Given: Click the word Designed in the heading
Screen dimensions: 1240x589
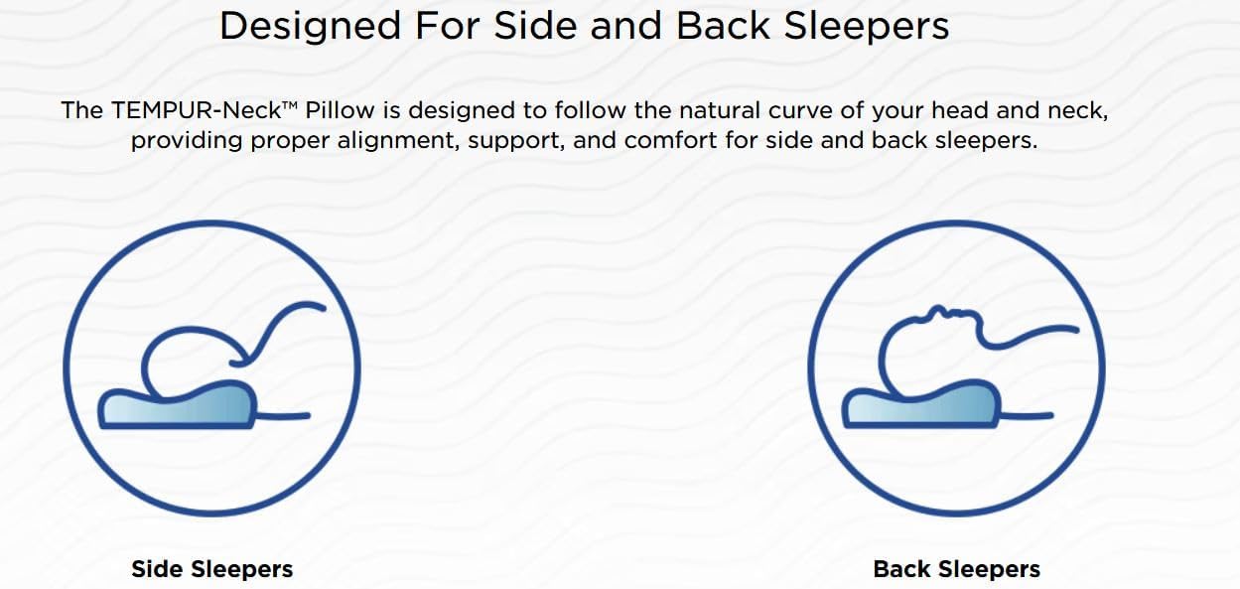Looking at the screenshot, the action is (x=310, y=27).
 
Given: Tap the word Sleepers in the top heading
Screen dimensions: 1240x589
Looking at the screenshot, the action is (x=867, y=27).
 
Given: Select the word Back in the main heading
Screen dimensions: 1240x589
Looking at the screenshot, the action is (x=723, y=26).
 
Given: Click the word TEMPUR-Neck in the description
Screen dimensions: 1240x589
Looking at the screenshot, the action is (x=197, y=110).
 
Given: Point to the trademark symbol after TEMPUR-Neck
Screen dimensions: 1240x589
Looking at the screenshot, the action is (x=291, y=105).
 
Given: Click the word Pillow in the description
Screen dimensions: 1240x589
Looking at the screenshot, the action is (x=340, y=110).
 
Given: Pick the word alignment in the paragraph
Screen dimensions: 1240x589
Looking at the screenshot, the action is (x=398, y=141).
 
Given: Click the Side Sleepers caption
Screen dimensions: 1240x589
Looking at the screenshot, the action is (x=212, y=569).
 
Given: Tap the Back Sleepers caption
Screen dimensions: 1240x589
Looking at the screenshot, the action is (x=957, y=569).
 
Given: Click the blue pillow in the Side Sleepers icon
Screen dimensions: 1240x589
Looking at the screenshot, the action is (x=177, y=406).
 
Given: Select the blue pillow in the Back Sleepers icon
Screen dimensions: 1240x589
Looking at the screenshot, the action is (x=921, y=405).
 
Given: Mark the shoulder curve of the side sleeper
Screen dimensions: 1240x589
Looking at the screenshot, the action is (x=282, y=327).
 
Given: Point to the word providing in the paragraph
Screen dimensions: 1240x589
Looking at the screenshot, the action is (x=187, y=141).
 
